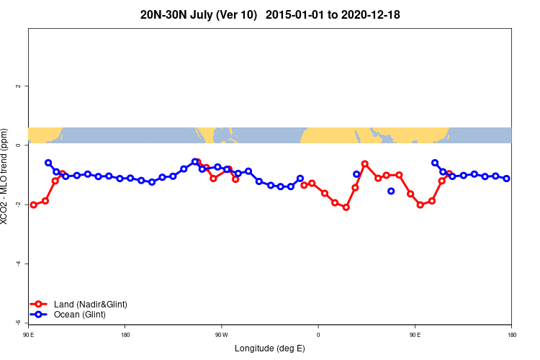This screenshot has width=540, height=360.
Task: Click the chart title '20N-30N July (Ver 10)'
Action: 199,14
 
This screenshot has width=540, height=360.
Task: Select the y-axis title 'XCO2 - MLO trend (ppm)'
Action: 6,176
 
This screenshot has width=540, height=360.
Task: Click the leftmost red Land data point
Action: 34,204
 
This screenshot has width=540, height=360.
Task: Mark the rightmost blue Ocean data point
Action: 507,178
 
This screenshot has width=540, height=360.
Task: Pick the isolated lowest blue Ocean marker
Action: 391,191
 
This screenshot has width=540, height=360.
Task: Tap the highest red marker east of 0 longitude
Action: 365,164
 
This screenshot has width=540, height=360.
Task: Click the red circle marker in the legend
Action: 40,305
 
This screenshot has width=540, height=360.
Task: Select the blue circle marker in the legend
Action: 40,315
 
